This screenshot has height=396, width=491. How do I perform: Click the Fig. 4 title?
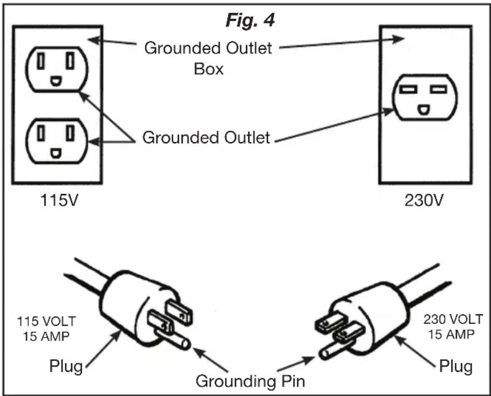[x=250, y=21]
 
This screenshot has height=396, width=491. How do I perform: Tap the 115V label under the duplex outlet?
[x=59, y=200]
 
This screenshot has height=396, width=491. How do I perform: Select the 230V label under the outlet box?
[x=424, y=200]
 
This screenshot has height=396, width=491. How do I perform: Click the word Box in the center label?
[x=208, y=69]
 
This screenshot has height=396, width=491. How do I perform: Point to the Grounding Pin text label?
[x=250, y=382]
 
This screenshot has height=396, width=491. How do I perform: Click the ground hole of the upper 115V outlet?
[x=56, y=81]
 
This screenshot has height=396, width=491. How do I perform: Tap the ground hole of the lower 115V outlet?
[x=56, y=153]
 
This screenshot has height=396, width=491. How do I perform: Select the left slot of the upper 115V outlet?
[x=41, y=61]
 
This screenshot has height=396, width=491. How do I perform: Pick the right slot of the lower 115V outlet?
[x=71, y=132]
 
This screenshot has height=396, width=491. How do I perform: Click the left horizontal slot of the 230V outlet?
[x=408, y=90]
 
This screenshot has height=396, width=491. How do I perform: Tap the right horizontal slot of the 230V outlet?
[x=438, y=90]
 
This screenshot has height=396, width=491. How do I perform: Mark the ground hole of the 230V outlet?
[x=423, y=110]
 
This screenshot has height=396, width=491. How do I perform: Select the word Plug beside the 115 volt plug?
[x=66, y=366]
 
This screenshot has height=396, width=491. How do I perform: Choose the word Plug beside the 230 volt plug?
[x=455, y=366]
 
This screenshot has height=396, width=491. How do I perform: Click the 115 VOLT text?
[x=46, y=321]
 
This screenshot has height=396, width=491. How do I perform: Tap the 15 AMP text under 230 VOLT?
[x=451, y=335]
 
